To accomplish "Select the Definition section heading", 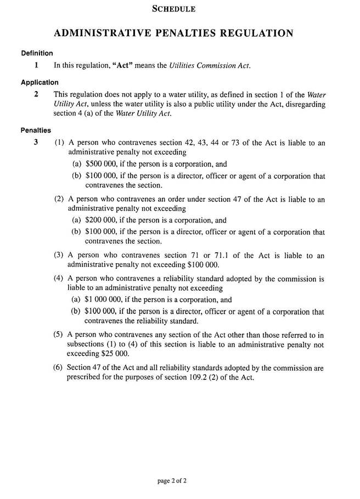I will point(37,53).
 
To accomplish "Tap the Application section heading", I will point(40,82).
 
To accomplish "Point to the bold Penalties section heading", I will point(36,131).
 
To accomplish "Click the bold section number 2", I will point(36,94).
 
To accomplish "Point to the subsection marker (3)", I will point(59,256).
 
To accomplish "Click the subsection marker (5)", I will point(59,334).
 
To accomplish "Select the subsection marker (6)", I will point(59,367).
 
